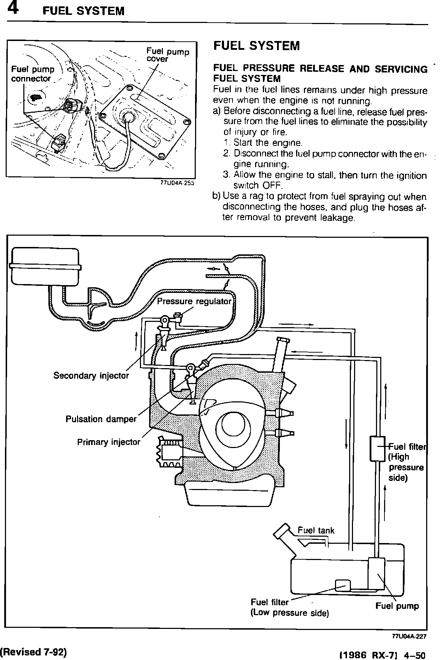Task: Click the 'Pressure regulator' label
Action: coord(194,301)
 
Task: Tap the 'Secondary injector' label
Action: coord(91,375)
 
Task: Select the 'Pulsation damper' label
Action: coord(101,419)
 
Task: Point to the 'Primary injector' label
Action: coord(108,442)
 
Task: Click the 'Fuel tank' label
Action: coord(316,530)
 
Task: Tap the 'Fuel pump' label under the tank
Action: coord(397,606)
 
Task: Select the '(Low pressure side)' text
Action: coord(289,613)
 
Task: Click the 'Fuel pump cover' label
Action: coord(167,55)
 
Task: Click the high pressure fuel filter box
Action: coord(377,448)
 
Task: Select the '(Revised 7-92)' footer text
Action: coord(34,652)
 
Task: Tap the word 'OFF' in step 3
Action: coord(271,185)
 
